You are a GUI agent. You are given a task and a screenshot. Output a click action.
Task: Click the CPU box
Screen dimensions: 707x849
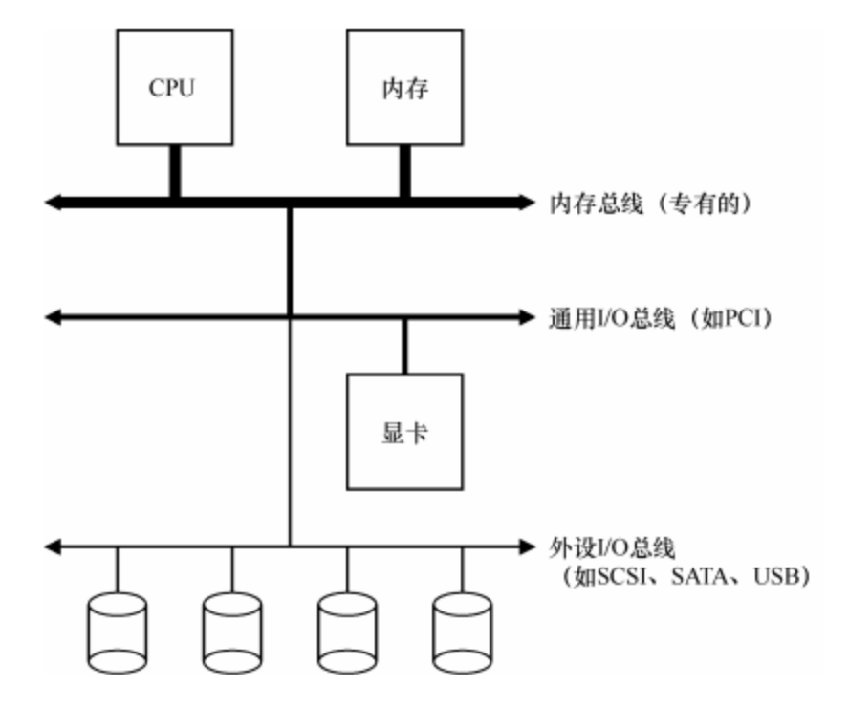(174, 85)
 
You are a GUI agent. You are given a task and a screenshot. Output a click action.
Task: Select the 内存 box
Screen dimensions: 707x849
(404, 85)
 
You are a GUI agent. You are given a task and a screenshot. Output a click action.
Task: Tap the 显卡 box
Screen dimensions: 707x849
(404, 430)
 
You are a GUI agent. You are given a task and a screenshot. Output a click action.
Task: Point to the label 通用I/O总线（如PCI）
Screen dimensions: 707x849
(660, 315)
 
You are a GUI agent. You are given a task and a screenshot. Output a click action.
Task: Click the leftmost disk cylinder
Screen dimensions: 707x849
(117, 630)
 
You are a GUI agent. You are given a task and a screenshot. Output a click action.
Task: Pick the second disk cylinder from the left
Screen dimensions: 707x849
(232, 630)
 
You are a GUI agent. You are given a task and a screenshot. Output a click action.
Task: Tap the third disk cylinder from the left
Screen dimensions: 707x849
(347, 630)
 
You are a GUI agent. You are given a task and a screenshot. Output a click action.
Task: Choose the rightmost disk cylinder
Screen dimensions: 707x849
(462, 630)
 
